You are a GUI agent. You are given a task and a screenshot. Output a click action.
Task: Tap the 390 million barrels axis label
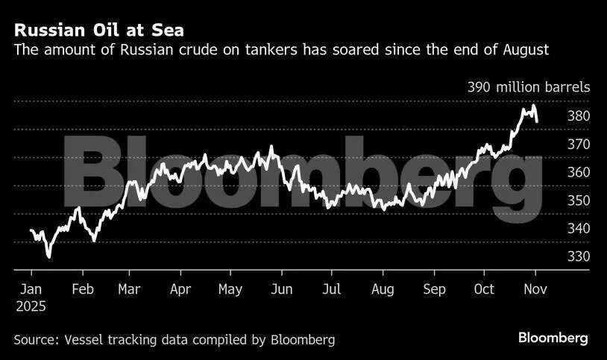(529, 87)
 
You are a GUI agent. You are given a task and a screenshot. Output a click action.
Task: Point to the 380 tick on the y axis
(578, 116)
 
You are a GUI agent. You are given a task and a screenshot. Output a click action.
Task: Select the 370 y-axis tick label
(578, 145)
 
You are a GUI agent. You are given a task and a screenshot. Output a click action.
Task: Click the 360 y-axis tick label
(578, 172)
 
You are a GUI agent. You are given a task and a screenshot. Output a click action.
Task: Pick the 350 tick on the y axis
(578, 200)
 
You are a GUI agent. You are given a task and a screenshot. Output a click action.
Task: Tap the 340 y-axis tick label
(578, 229)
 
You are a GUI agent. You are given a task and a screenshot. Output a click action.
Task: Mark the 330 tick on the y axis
(578, 256)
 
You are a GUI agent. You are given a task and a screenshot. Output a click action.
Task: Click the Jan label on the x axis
(31, 289)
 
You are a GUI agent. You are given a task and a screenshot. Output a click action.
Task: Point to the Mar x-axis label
(130, 289)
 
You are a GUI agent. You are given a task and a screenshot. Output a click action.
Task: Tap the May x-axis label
(230, 289)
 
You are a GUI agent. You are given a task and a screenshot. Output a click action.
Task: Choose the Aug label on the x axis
(383, 289)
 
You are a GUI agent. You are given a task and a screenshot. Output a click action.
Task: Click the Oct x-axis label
(484, 289)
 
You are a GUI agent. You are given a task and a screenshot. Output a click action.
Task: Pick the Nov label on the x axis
(535, 289)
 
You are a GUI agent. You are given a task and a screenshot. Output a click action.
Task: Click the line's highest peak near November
(533, 106)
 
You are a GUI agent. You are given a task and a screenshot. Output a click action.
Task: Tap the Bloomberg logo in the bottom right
(553, 338)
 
